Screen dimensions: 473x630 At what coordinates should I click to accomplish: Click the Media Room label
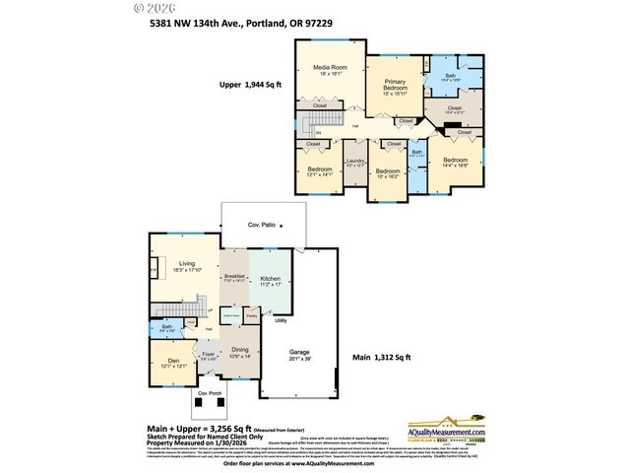tap(331, 70)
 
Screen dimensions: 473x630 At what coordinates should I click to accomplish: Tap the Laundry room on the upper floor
tap(354, 163)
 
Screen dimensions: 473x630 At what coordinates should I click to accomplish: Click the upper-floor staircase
tap(313, 123)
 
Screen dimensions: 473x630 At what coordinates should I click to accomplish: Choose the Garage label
tap(299, 354)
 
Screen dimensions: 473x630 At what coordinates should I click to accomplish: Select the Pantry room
tap(252, 315)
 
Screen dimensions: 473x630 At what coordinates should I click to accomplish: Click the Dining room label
tap(240, 350)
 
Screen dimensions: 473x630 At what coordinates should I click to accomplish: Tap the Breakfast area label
tap(234, 279)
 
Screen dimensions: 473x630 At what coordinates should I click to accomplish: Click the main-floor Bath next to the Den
tap(167, 328)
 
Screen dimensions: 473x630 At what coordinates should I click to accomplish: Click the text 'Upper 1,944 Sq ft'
tap(250, 86)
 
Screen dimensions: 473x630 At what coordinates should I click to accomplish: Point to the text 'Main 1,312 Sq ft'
tap(382, 357)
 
